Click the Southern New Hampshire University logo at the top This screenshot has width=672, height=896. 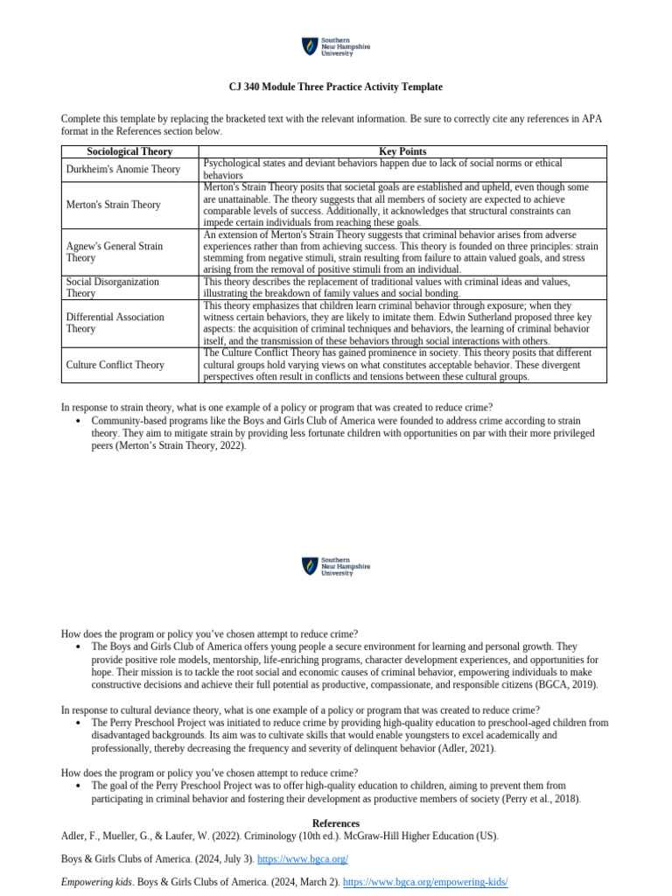point(336,46)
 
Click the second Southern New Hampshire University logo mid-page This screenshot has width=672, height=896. point(336,566)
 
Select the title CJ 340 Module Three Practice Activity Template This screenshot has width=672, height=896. point(336,87)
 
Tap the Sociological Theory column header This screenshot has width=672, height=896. point(130,151)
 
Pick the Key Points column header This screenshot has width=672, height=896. point(402,151)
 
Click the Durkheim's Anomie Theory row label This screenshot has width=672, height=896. point(123,170)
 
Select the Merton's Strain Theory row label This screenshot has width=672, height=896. point(114,205)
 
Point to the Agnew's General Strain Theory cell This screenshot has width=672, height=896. point(115,252)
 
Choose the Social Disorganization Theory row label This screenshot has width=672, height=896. point(113,288)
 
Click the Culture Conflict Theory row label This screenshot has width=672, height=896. point(115,364)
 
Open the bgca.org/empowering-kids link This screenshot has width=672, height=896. point(425,882)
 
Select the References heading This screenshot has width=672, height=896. point(336,823)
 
